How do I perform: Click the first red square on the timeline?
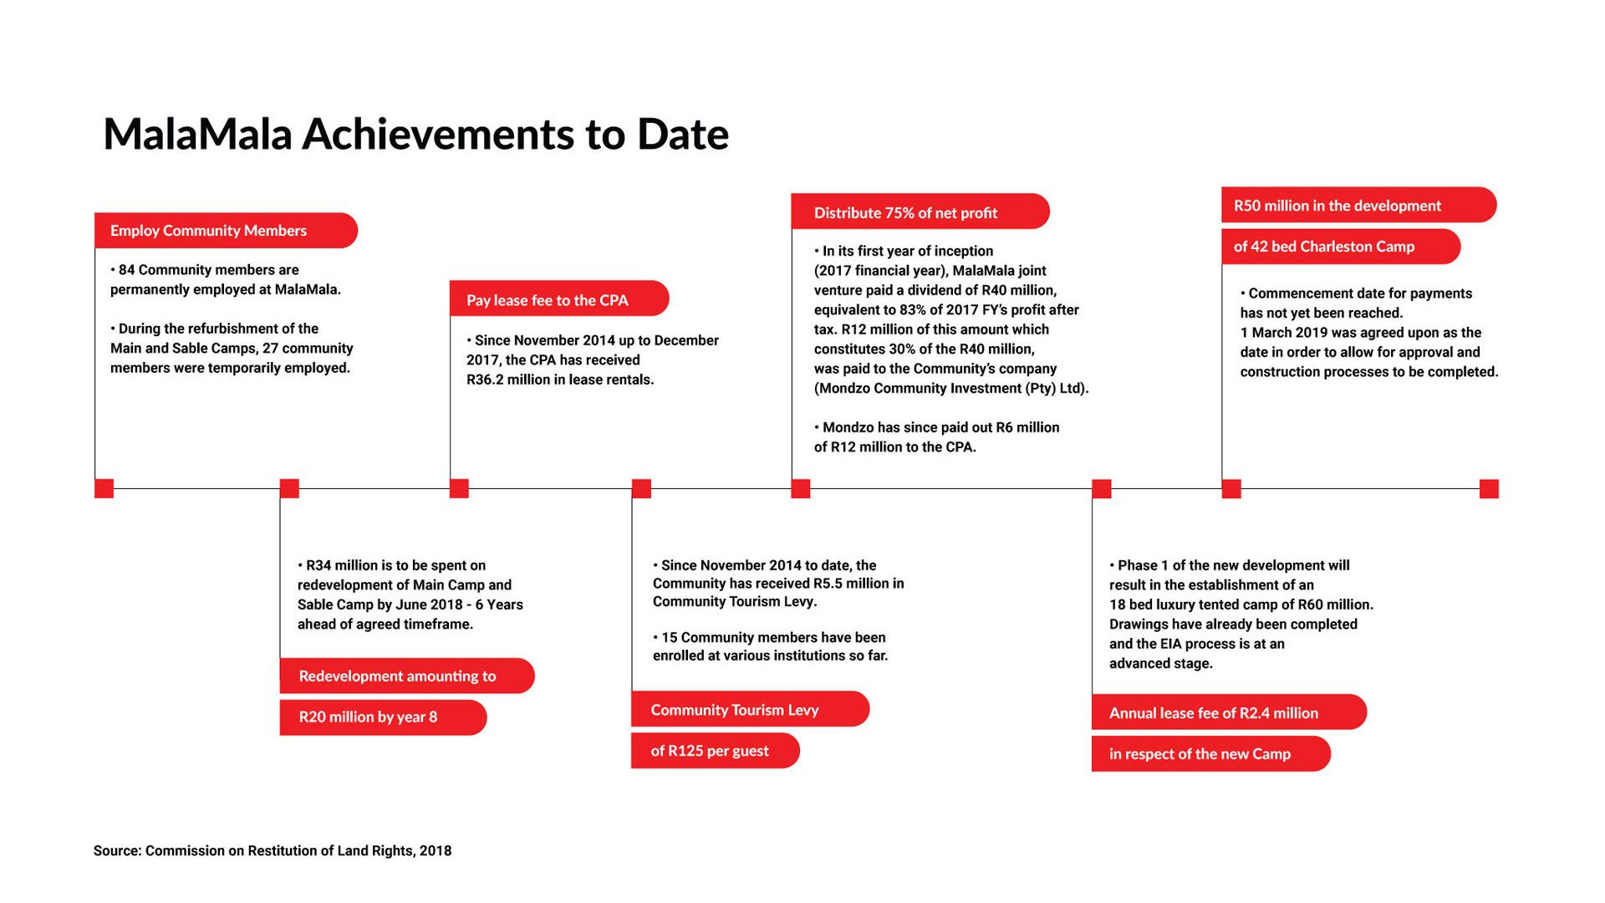[104, 488]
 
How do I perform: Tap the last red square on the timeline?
[1489, 488]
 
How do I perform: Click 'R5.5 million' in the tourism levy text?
[852, 584]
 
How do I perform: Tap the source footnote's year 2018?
[436, 851]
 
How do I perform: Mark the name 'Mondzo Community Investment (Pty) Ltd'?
[951, 389]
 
